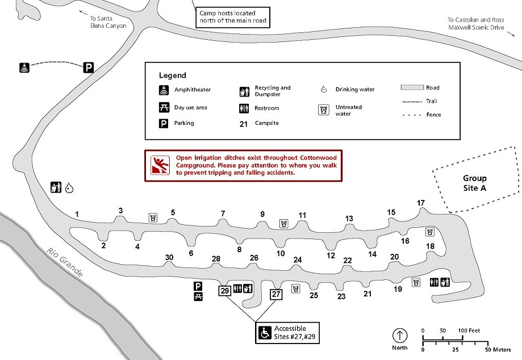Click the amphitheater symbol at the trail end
tap(24, 68)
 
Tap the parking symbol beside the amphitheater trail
tap(88, 68)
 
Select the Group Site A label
tap(475, 183)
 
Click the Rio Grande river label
tap(65, 262)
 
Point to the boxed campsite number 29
tap(225, 291)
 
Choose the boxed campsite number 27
tap(276, 294)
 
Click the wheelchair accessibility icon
tap(265, 332)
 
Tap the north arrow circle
tap(400, 336)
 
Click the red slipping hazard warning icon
tap(160, 165)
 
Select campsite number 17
tap(421, 203)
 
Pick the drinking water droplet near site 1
tap(69, 188)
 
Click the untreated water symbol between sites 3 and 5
tap(153, 217)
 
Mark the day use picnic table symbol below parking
tap(198, 296)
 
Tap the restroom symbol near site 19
tap(434, 282)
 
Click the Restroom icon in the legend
tap(244, 108)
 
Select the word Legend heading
tap(173, 76)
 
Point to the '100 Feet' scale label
tap(469, 330)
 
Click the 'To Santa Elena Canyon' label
tap(108, 22)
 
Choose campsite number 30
tap(169, 257)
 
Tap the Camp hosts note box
tap(233, 17)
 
